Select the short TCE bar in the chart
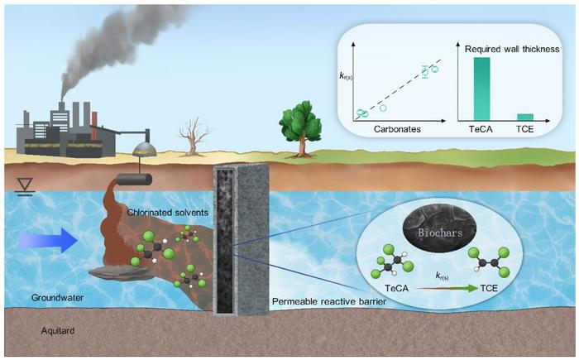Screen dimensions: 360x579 pos(525,117)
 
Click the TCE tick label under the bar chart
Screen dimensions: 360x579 pos(524,129)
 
